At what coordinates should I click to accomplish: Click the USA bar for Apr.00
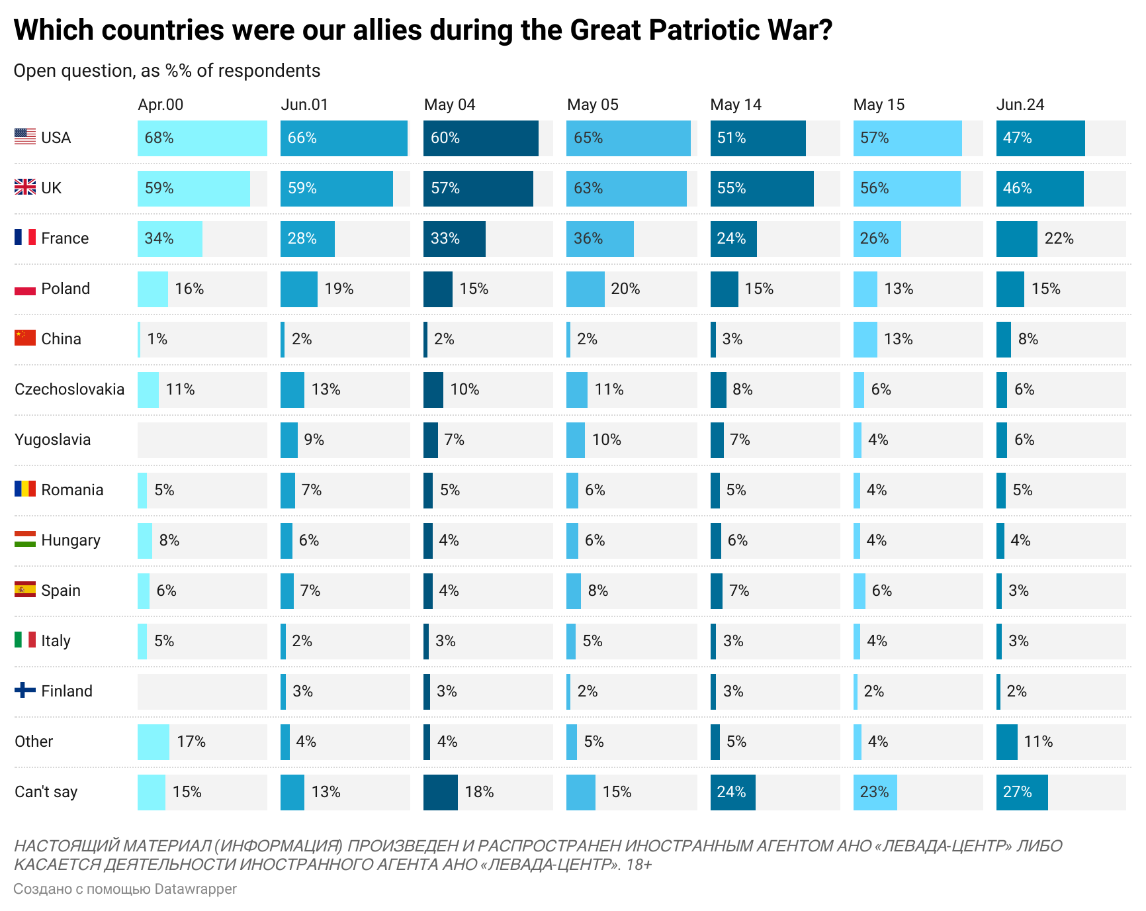click(x=202, y=138)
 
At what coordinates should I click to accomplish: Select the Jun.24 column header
click(x=1020, y=105)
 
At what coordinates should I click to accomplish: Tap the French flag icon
click(x=25, y=237)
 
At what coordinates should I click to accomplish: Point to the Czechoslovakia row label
click(x=69, y=389)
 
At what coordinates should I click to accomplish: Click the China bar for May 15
click(x=865, y=340)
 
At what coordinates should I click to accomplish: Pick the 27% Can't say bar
click(x=1022, y=792)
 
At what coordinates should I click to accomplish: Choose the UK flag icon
click(x=25, y=187)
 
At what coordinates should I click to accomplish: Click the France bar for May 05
click(x=599, y=239)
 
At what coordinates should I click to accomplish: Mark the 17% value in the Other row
click(x=191, y=742)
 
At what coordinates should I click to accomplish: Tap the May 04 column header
click(x=449, y=105)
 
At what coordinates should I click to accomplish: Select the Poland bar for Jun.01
click(x=298, y=289)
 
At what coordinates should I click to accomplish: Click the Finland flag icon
click(x=25, y=690)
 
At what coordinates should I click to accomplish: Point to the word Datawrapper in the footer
click(x=195, y=889)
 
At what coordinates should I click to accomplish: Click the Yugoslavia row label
click(x=52, y=440)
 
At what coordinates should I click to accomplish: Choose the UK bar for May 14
click(x=762, y=189)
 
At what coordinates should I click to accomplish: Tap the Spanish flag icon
click(x=25, y=589)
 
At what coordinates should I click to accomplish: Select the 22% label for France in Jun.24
click(x=1059, y=239)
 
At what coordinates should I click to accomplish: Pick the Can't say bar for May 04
click(x=440, y=792)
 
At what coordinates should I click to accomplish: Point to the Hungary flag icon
click(x=25, y=539)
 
